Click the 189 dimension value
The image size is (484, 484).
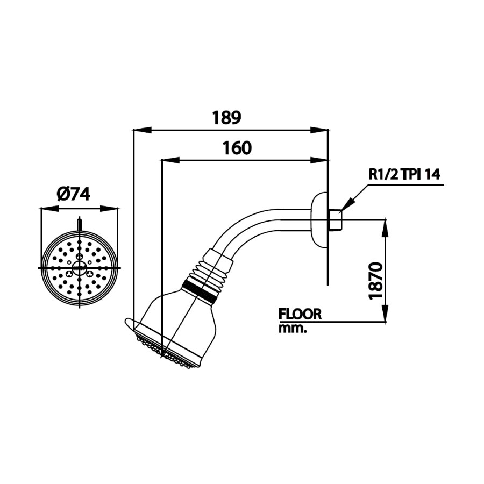tap(226, 117)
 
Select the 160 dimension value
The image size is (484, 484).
tap(237, 148)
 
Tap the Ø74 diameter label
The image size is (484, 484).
tap(74, 194)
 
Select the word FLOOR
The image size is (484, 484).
tap(300, 314)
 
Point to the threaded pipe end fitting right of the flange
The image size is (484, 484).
tap(335, 219)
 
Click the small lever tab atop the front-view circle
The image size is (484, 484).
tap(80, 223)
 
